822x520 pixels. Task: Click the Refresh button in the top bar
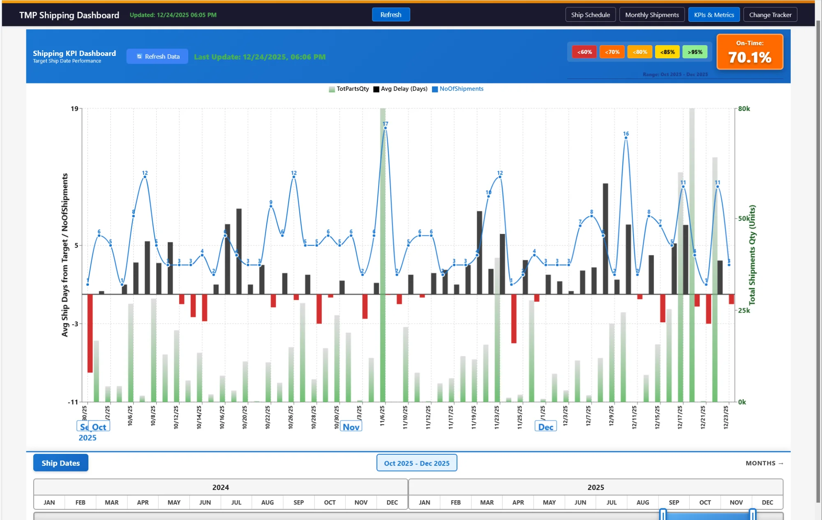tap(390, 15)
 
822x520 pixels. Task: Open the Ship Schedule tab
tap(590, 15)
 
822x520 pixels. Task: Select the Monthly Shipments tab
tap(651, 15)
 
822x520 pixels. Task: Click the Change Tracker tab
tap(770, 15)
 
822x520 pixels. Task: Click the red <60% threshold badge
tap(584, 52)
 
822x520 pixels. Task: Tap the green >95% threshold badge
tap(695, 52)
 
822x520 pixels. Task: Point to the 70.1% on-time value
tap(750, 58)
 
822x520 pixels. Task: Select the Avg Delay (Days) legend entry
tap(400, 89)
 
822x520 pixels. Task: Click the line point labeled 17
tap(385, 128)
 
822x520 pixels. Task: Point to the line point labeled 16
tap(626, 138)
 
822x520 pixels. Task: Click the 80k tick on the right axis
tap(744, 109)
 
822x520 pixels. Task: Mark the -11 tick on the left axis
tap(73, 402)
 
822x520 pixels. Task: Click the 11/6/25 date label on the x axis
tap(382, 416)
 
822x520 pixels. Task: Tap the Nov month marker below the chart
tap(351, 427)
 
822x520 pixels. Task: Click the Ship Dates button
tap(61, 463)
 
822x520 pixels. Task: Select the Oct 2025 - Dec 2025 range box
tap(417, 463)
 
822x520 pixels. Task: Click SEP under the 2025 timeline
tap(674, 502)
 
